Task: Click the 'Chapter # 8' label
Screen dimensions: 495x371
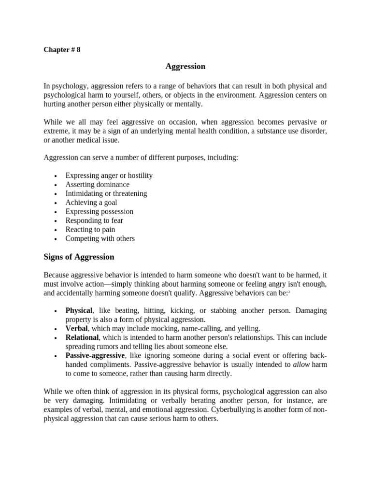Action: pyautogui.click(x=62, y=50)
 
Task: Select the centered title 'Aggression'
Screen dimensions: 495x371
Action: pyautogui.click(x=185, y=66)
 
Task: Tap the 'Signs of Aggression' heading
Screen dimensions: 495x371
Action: pyautogui.click(x=79, y=257)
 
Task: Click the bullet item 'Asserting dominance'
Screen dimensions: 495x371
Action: pyautogui.click(x=97, y=184)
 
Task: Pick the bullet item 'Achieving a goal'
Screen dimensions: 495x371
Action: pyautogui.click(x=91, y=203)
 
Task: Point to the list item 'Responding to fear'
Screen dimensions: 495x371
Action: pyautogui.click(x=94, y=220)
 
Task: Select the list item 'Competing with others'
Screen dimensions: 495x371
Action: pyautogui.click(x=100, y=238)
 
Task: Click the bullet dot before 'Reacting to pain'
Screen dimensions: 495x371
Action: pyautogui.click(x=56, y=230)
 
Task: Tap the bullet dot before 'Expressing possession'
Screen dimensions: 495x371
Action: pyautogui.click(x=56, y=212)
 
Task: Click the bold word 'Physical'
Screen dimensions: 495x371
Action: pyautogui.click(x=79, y=310)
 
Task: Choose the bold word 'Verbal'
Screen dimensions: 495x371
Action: pyautogui.click(x=76, y=328)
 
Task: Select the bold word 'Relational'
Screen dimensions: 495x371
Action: pyautogui.click(x=82, y=337)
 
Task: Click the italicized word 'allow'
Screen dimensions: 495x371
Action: pyautogui.click(x=301, y=364)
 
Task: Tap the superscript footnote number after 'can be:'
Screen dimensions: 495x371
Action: pyautogui.click(x=288, y=292)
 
